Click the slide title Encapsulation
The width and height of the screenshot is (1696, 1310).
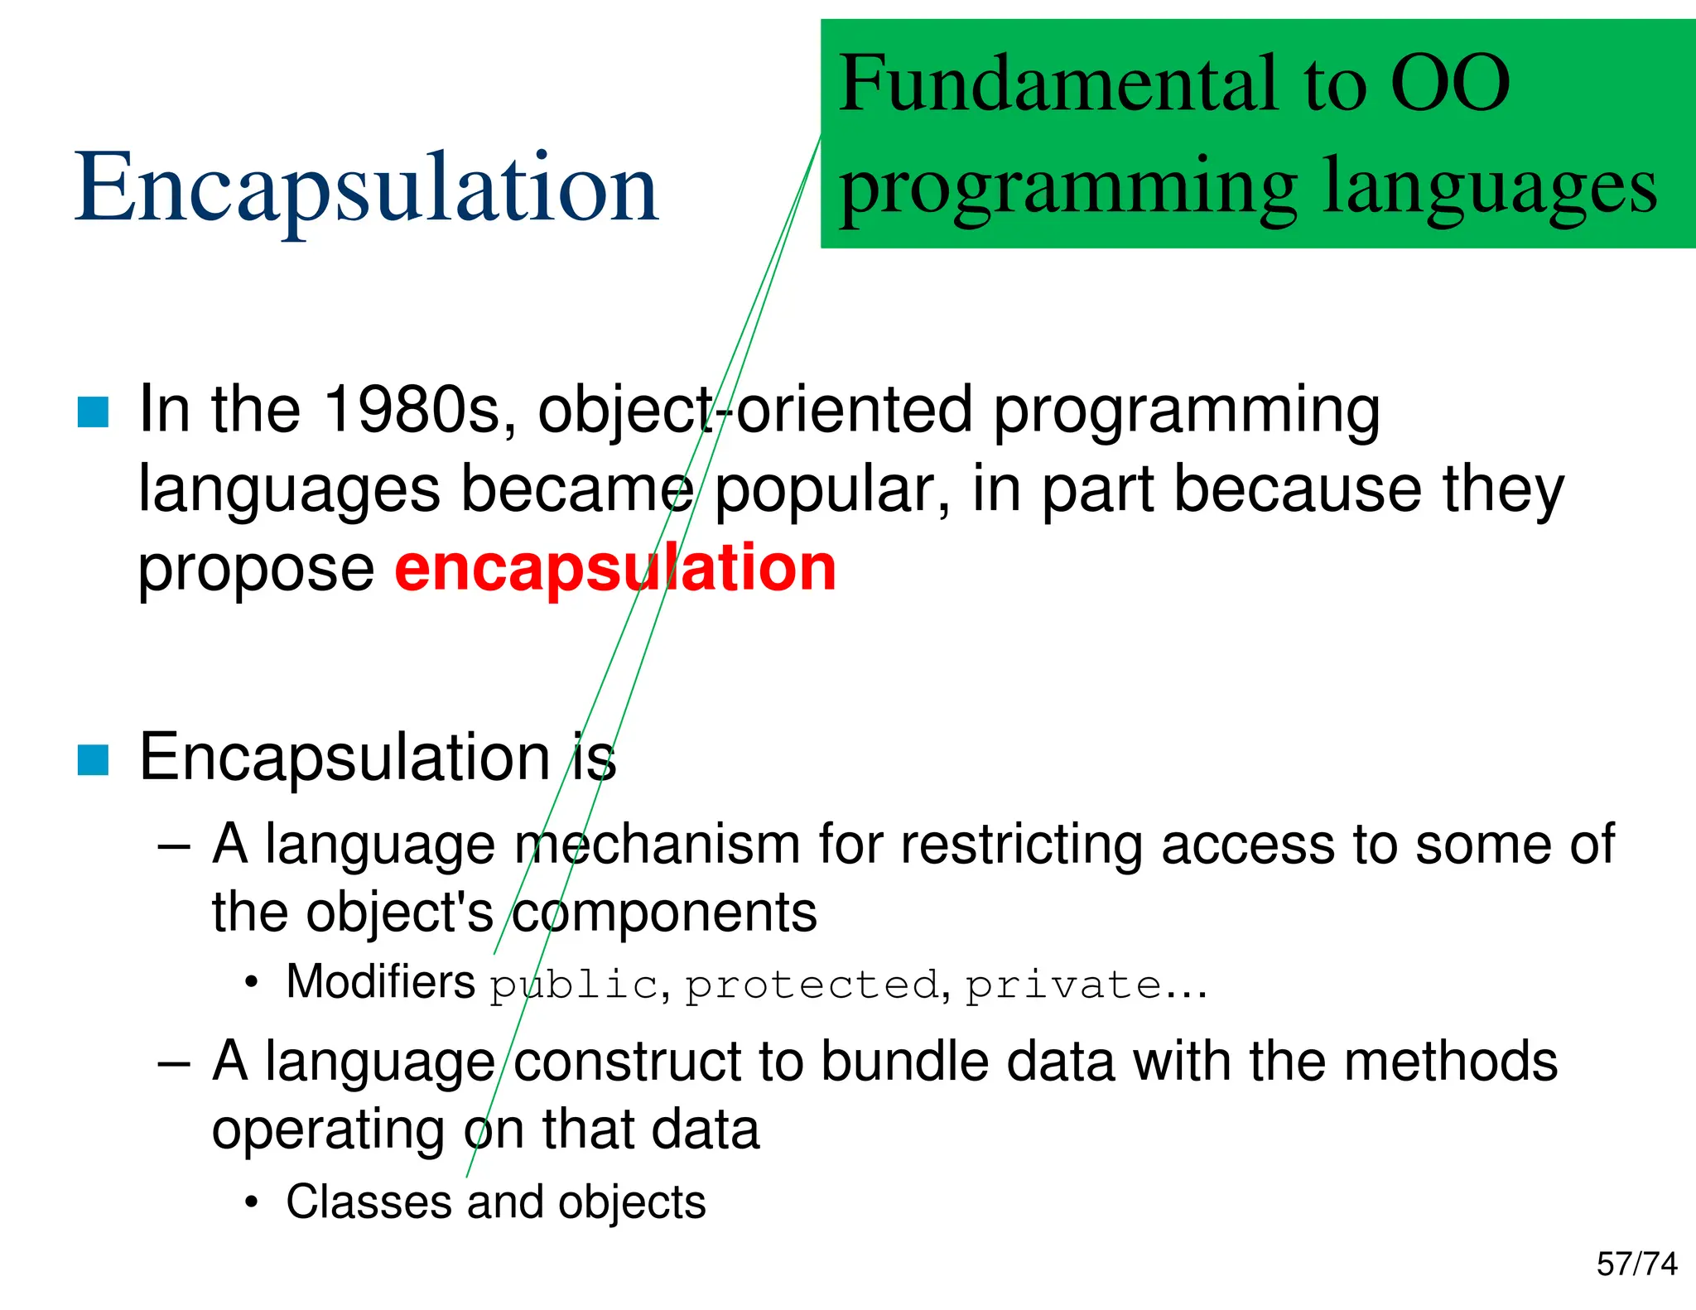[x=366, y=189]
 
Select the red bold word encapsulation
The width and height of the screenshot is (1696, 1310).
[x=615, y=569]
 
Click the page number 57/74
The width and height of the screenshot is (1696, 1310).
[x=1636, y=1264]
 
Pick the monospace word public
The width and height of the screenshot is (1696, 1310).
[x=573, y=985]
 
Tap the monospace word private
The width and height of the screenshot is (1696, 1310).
[x=1063, y=985]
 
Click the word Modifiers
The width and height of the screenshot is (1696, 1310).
[x=380, y=982]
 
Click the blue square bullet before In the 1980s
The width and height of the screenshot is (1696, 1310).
[x=93, y=412]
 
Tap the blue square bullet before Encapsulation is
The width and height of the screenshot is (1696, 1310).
[x=93, y=759]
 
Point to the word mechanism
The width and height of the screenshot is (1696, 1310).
[x=657, y=845]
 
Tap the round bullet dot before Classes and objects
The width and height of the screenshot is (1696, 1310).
[x=252, y=1202]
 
